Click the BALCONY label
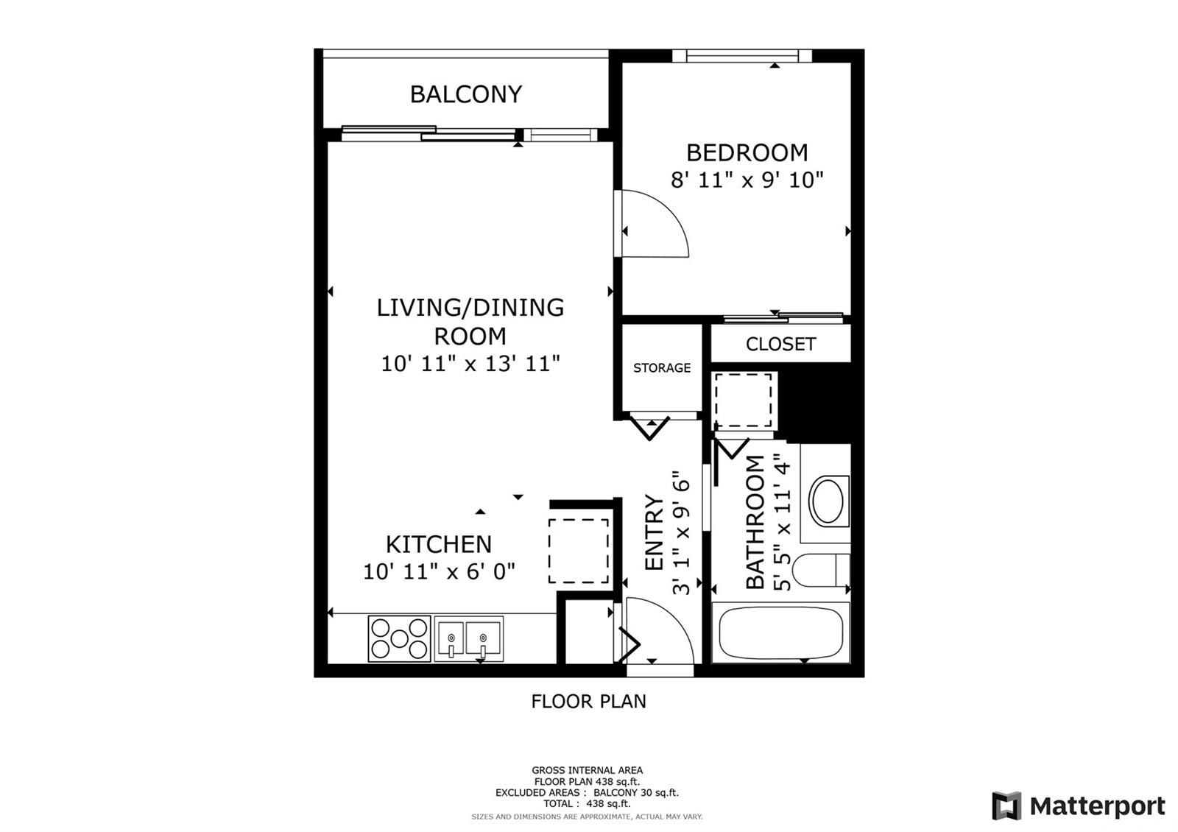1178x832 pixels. click(x=466, y=94)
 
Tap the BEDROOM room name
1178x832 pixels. click(x=747, y=153)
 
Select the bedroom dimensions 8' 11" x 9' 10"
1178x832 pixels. click(x=747, y=180)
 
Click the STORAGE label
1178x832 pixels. click(x=662, y=367)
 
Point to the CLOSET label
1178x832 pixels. click(x=780, y=344)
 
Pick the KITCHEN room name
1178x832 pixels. click(x=439, y=544)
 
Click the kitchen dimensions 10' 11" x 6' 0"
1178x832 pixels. click(x=439, y=571)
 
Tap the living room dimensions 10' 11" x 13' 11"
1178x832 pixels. click(x=470, y=364)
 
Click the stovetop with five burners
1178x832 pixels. click(x=399, y=638)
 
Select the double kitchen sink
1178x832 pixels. click(x=468, y=638)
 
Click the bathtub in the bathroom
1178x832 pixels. click(x=781, y=632)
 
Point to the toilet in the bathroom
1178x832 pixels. click(x=821, y=570)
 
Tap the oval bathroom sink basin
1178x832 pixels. click(x=828, y=500)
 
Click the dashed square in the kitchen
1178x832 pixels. click(x=579, y=551)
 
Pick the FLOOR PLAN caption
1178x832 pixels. click(x=588, y=702)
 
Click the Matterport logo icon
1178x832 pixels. click(x=1006, y=805)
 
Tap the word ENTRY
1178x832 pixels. click(x=655, y=532)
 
